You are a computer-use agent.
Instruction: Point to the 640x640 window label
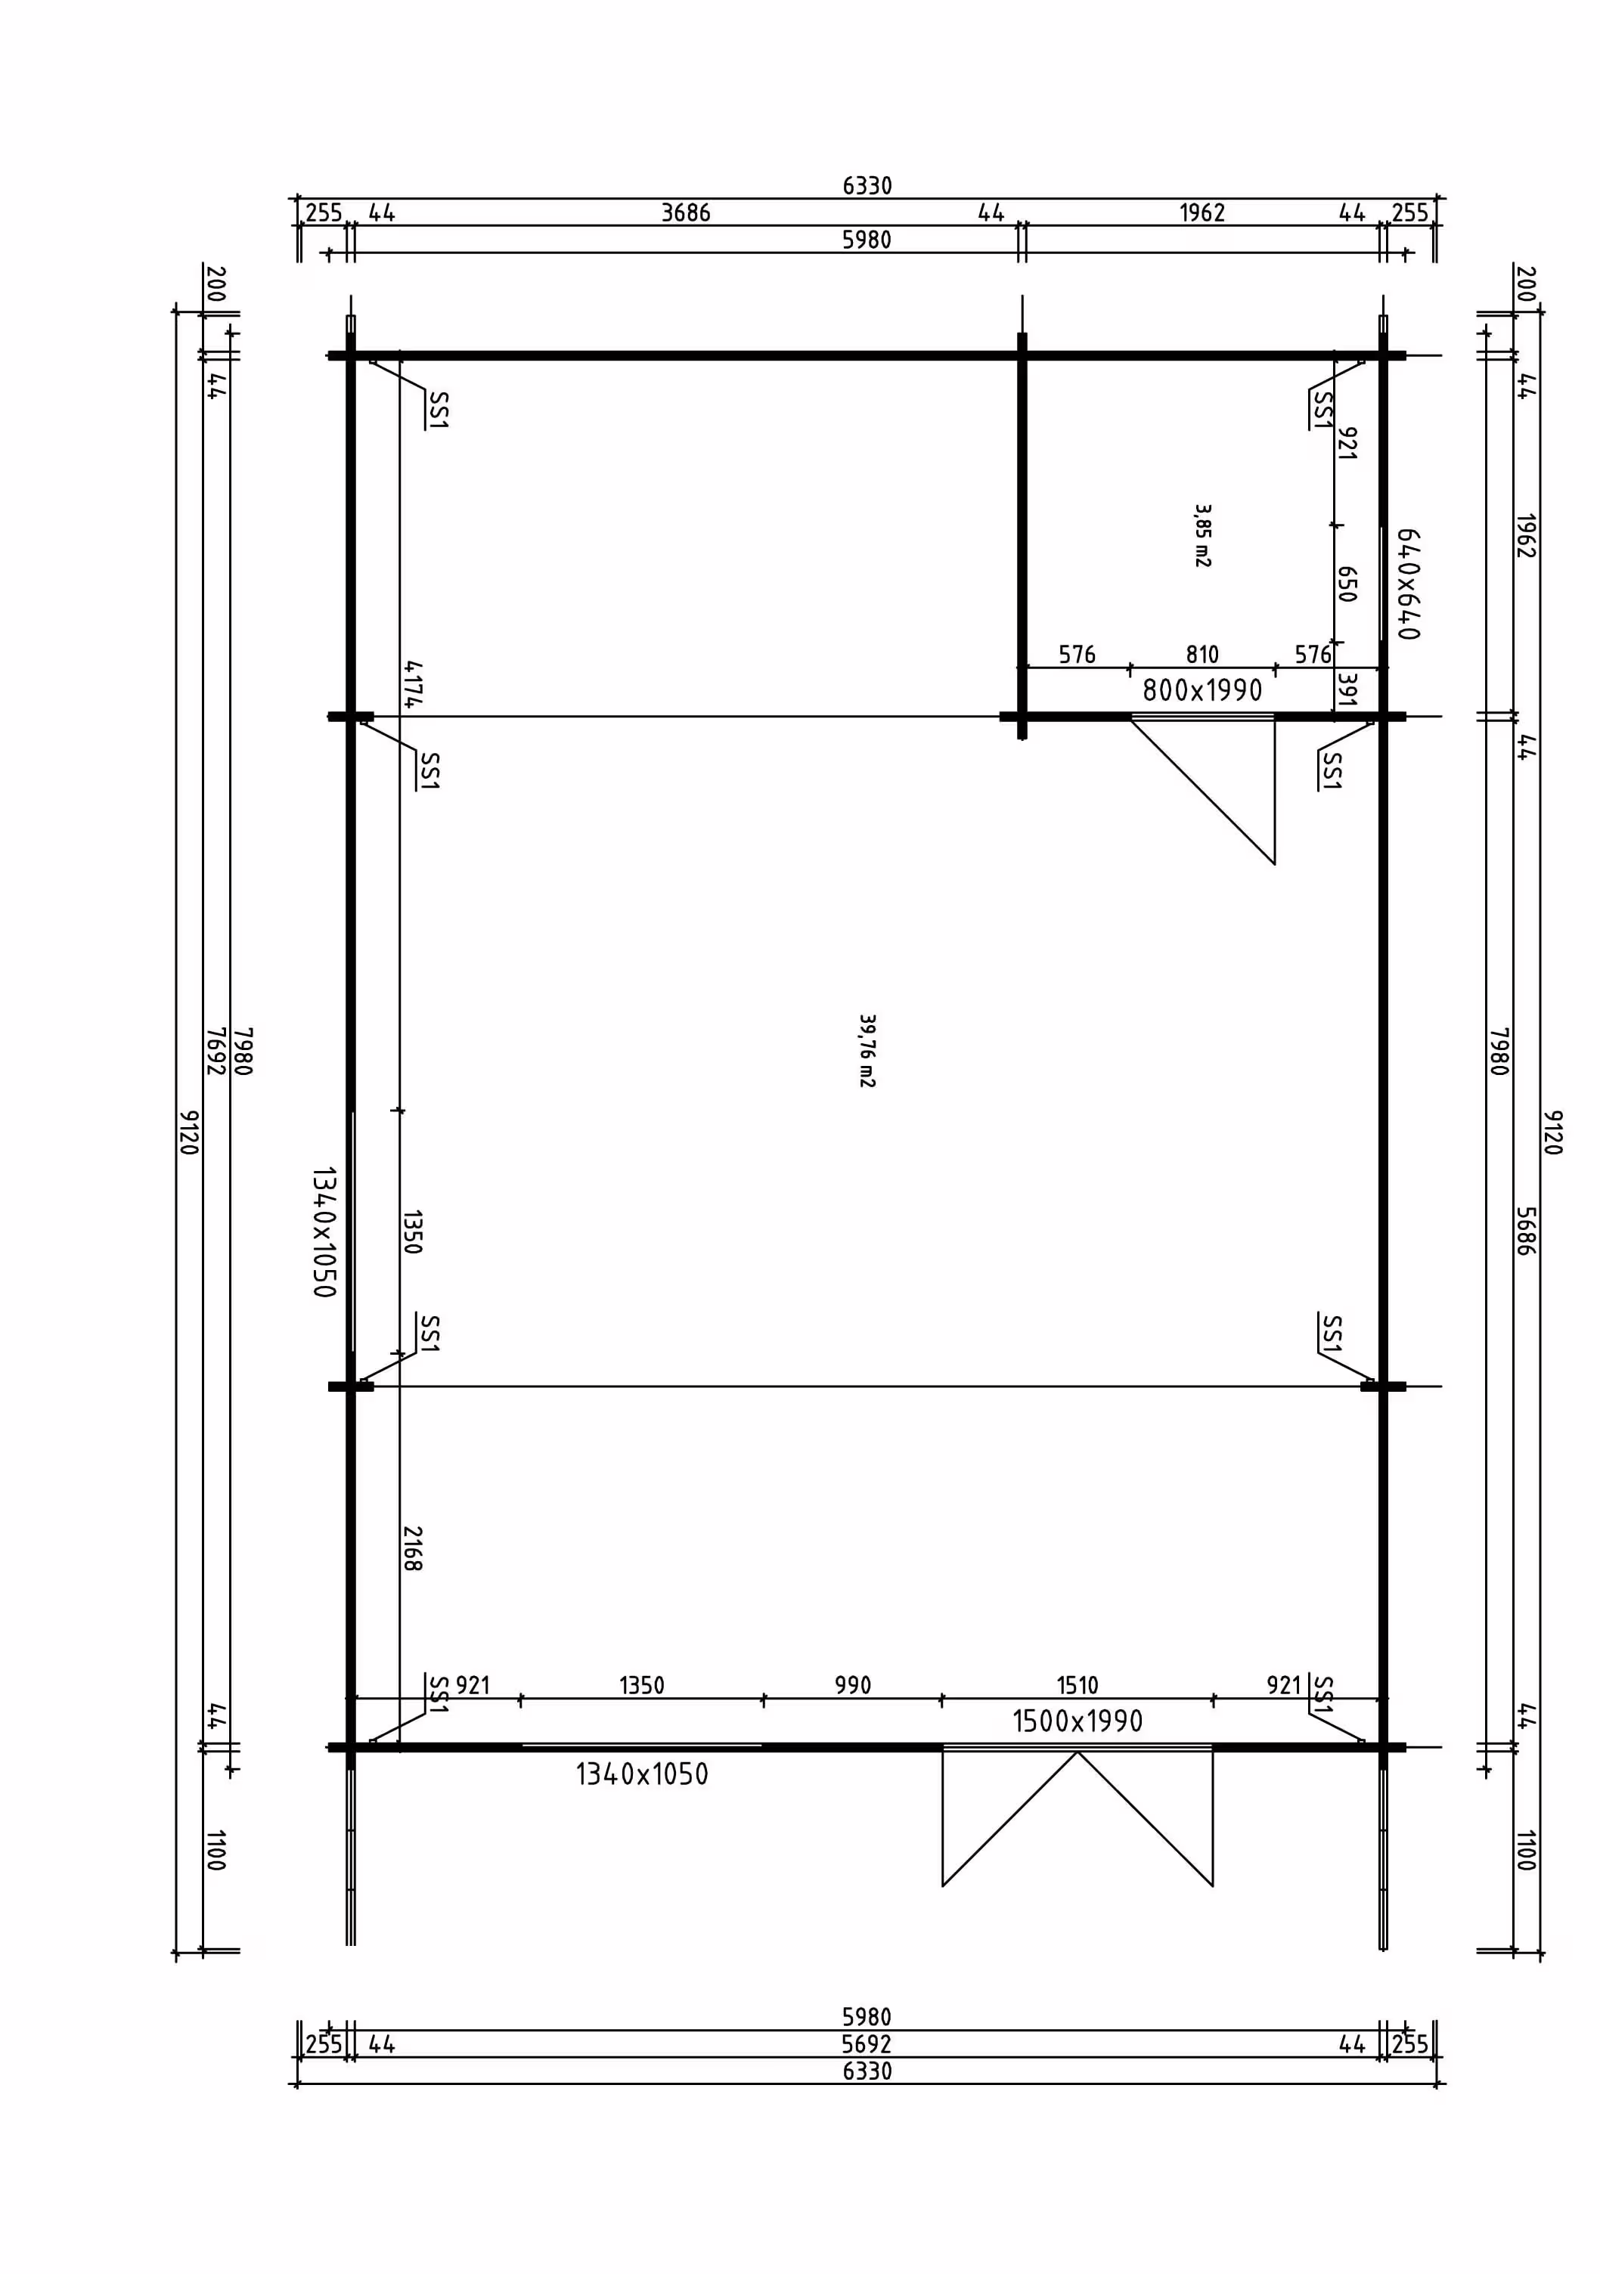tap(1408, 584)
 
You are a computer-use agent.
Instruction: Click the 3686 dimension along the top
tap(686, 213)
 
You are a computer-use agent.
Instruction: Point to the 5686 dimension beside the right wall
tap(1524, 1231)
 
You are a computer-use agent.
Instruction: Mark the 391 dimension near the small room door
tap(1345, 690)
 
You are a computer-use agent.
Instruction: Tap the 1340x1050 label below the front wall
tap(642, 1774)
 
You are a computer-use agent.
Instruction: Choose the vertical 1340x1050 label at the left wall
tap(324, 1231)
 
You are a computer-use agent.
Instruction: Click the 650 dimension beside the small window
tap(1345, 584)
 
